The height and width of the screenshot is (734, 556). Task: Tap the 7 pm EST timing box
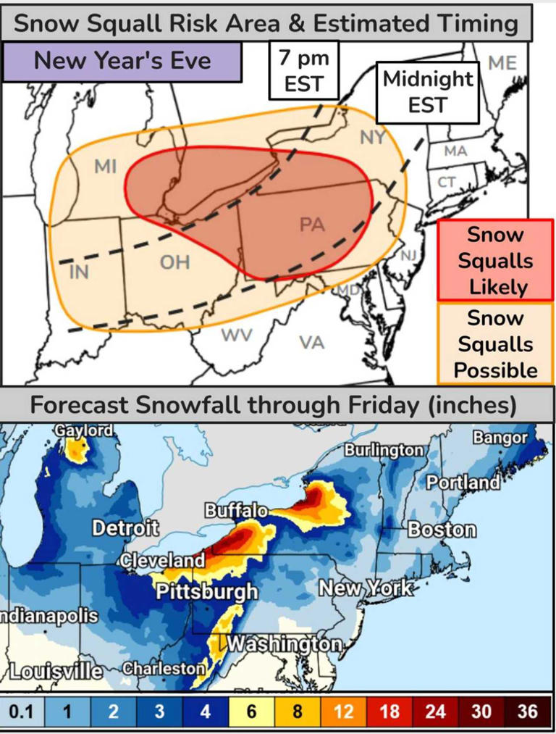(304, 71)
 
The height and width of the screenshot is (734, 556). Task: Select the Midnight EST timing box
(427, 92)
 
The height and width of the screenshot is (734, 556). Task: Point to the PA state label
(311, 225)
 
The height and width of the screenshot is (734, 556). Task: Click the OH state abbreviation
(174, 262)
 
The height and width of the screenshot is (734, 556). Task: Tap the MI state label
(106, 167)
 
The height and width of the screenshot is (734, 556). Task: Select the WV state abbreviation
(235, 336)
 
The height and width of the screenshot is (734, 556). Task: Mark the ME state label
(502, 63)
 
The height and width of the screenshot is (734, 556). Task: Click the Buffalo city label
(237, 511)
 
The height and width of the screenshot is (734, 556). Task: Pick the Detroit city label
(125, 528)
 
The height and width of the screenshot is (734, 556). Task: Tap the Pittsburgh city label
(207, 591)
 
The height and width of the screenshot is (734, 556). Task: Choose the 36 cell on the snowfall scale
(528, 712)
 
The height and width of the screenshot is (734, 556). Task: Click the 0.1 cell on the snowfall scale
(20, 712)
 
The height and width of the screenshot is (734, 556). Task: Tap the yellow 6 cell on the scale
(251, 712)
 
